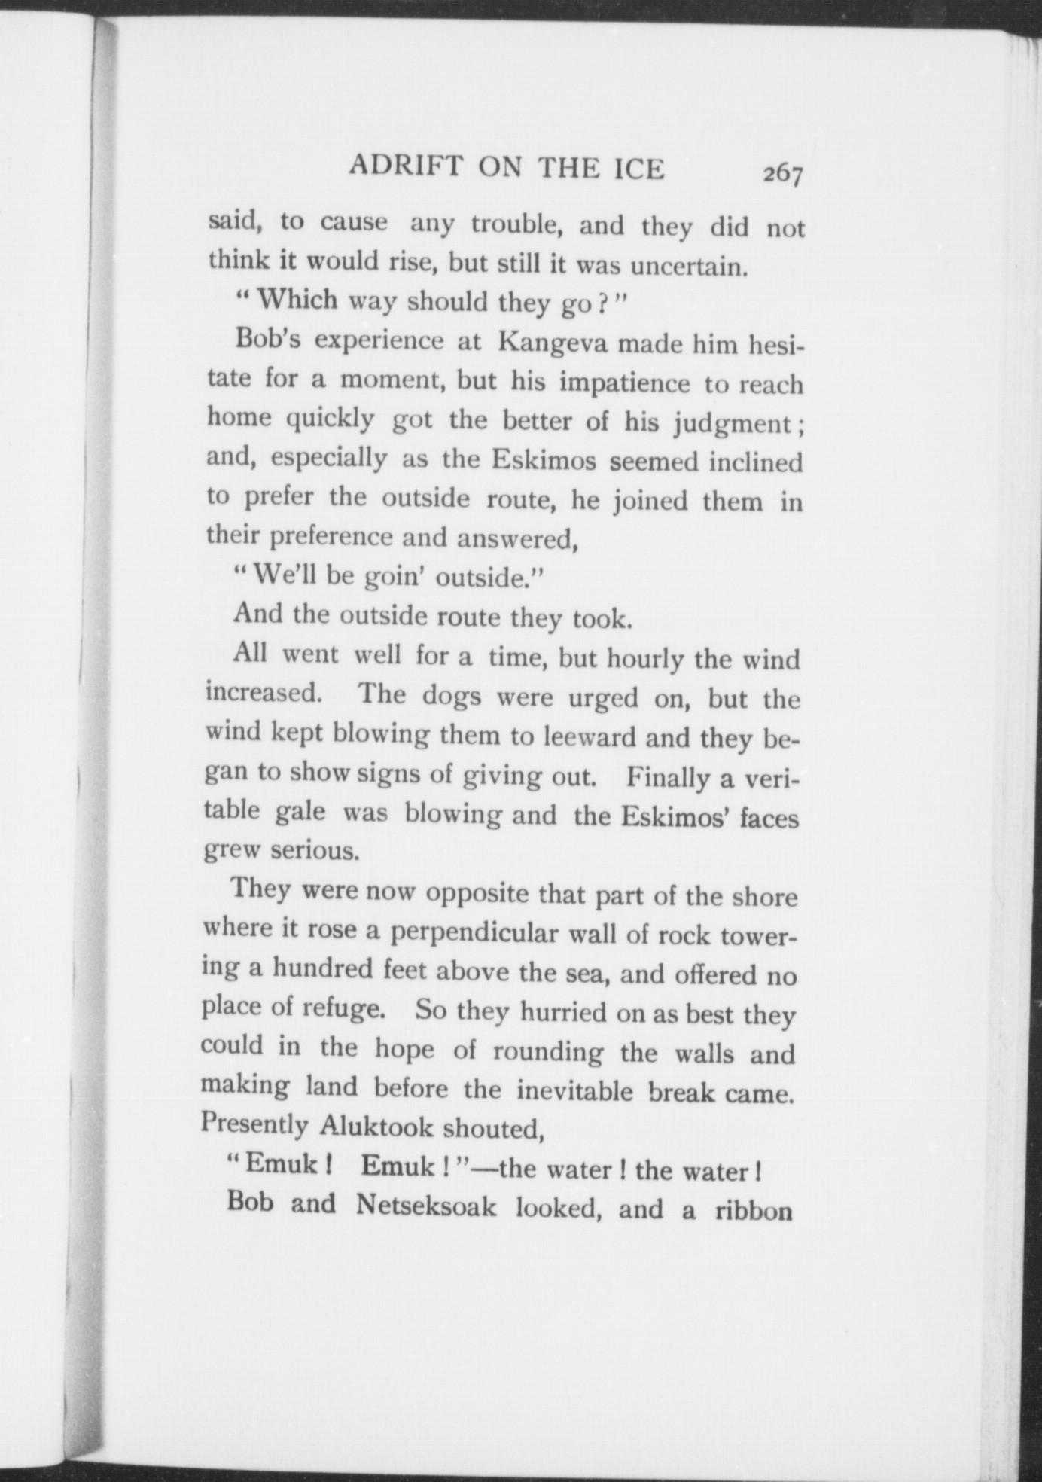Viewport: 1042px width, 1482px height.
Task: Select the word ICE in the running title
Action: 639,169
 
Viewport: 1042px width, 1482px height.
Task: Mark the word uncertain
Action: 687,265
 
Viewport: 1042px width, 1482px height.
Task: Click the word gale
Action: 300,812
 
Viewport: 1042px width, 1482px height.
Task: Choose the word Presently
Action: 255,1124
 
